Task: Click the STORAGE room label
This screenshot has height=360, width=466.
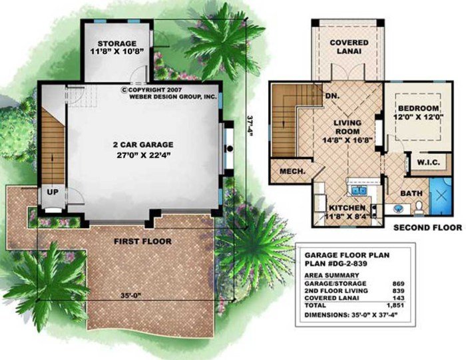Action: (x=116, y=44)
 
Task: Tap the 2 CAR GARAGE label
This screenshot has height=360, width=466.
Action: (x=143, y=144)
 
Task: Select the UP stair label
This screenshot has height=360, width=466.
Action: (x=51, y=192)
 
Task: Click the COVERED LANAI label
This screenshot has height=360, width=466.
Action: (x=349, y=47)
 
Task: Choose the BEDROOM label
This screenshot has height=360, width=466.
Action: (x=418, y=108)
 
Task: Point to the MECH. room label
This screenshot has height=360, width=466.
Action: (x=293, y=171)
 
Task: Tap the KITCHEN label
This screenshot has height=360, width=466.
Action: (x=347, y=208)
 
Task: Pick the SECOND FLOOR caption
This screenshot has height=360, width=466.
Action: (x=426, y=228)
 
